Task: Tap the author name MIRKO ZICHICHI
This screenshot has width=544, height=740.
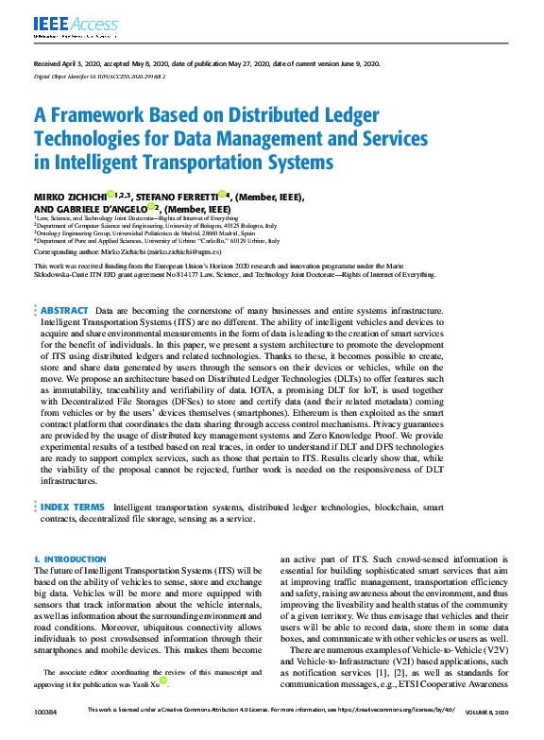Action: point(71,196)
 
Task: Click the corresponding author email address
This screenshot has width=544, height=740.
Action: point(188,252)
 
